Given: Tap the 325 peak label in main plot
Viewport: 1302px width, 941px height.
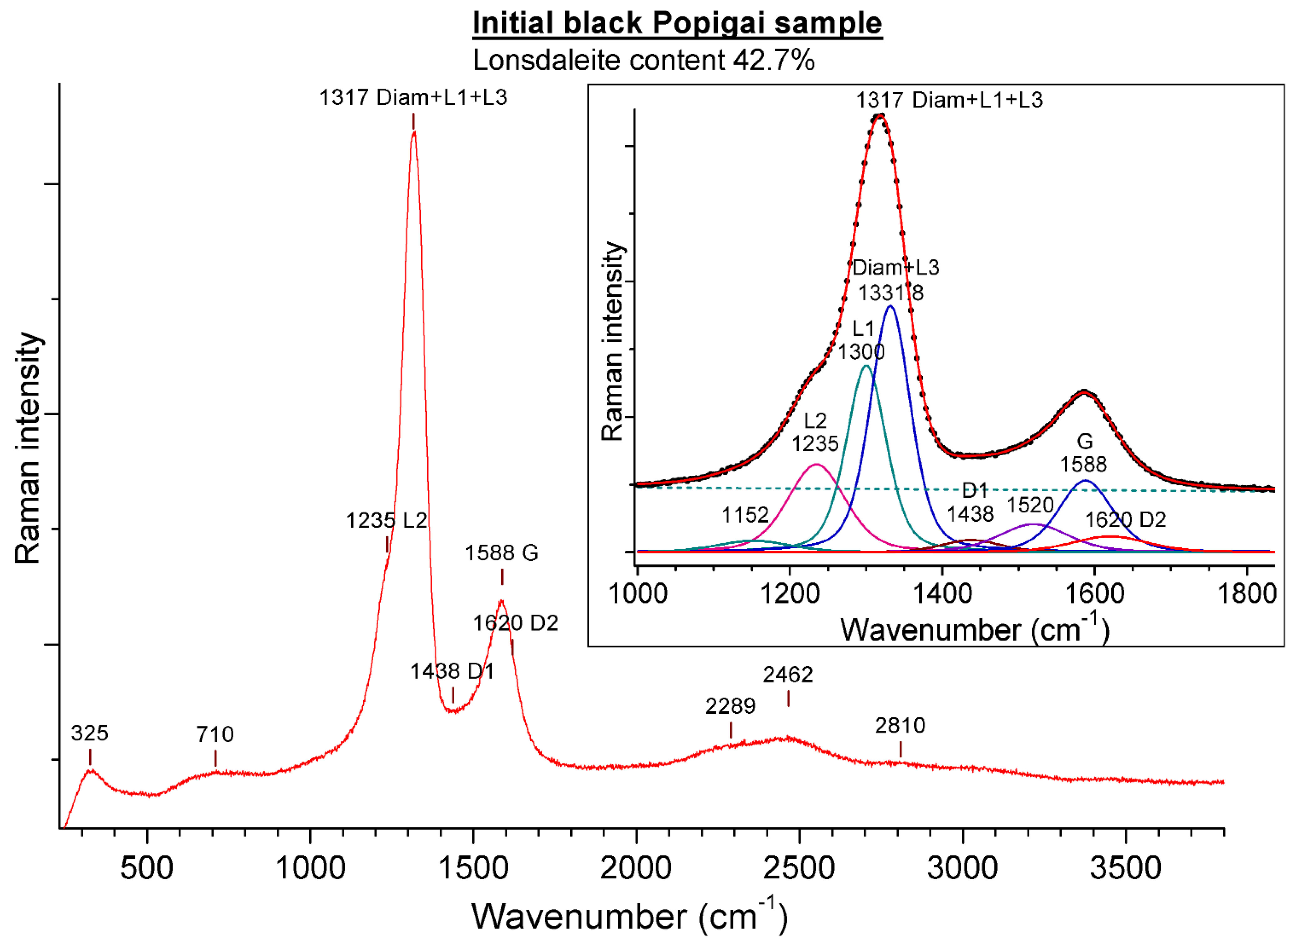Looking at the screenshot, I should pos(89,733).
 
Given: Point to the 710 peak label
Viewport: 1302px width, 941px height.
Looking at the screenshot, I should pos(215,734).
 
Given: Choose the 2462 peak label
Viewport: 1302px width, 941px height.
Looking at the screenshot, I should pos(788,674).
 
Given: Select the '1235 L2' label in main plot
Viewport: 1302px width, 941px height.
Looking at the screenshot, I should pos(386,520).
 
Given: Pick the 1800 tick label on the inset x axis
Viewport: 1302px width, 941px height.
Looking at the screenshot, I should pos(1247,593).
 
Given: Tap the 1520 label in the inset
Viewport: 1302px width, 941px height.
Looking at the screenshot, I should pos(1031,505).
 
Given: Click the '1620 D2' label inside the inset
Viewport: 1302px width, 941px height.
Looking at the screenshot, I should pos(1125,520).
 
